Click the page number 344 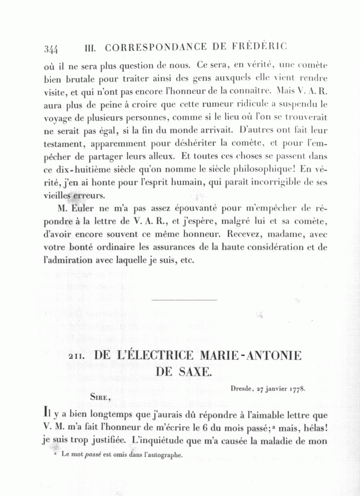(x=51, y=49)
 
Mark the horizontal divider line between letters (x=184, y=300)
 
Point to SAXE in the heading (x=194, y=372)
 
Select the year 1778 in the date (x=297, y=389)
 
